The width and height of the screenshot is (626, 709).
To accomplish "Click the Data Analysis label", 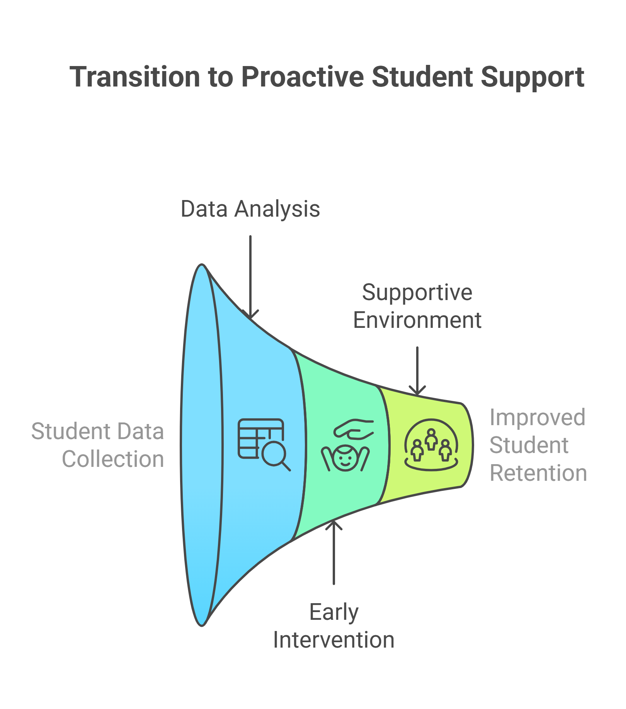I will (x=250, y=209).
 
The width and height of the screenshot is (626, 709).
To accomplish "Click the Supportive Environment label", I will (x=417, y=306).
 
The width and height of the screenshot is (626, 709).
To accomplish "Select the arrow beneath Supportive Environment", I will (x=417, y=371).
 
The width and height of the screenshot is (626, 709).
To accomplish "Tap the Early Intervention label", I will (x=334, y=626).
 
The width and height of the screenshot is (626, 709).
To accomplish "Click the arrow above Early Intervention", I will (x=334, y=552).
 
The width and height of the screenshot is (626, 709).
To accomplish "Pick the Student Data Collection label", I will (x=98, y=445).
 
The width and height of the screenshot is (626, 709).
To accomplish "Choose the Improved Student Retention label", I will (x=538, y=445).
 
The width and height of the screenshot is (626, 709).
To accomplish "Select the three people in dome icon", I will (x=431, y=444).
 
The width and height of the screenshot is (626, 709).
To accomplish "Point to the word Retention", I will (x=538, y=473).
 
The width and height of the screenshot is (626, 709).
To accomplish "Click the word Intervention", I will (x=334, y=640).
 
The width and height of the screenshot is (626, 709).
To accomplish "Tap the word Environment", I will (x=417, y=320).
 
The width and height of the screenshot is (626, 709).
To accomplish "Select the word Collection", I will (x=113, y=459).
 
